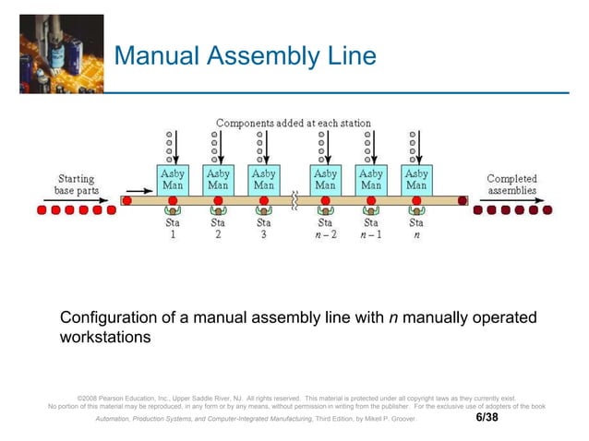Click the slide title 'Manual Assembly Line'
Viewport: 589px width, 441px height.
coord(245,57)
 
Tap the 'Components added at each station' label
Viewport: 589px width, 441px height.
coord(294,123)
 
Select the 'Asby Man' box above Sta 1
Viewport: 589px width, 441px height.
coord(173,179)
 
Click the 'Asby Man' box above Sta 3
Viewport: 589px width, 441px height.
coord(264,179)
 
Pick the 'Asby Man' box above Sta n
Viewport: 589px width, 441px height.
coord(416,179)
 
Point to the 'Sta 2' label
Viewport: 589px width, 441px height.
coord(218,228)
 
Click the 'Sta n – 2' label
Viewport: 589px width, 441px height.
coord(325,228)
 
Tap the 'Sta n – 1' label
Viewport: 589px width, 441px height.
coord(370,228)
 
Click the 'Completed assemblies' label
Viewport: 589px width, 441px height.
coord(511,184)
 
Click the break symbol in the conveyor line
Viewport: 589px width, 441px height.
coord(294,199)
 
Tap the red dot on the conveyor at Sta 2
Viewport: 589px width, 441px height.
coord(219,199)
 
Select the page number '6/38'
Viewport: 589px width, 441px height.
coord(487,418)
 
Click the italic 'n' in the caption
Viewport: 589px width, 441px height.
coord(393,318)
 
